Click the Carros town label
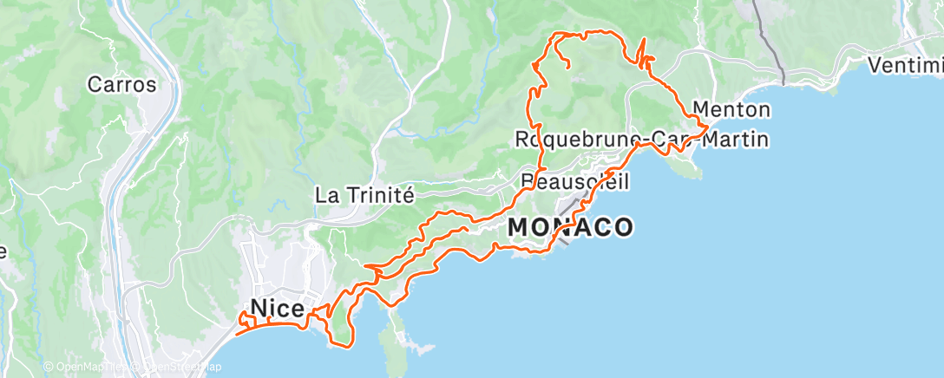[x=121, y=85]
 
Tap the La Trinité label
[x=364, y=195]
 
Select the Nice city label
[x=277, y=308]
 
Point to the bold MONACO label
[x=570, y=227]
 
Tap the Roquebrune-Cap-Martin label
[x=642, y=139]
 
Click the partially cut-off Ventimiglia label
[x=906, y=65]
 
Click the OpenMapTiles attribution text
[x=87, y=367]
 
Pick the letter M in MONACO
[x=517, y=227]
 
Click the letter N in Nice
[x=259, y=308]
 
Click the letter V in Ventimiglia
[x=876, y=65]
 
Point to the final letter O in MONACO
[x=623, y=227]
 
